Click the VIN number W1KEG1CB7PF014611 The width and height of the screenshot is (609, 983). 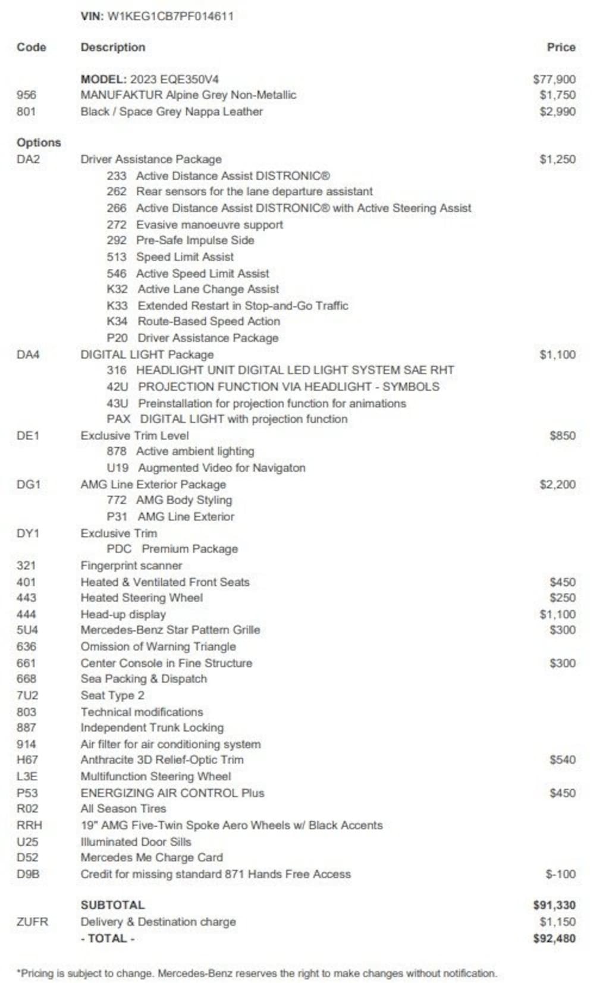(170, 17)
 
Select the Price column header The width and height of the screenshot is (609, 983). (561, 47)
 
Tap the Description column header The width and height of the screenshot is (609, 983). (113, 47)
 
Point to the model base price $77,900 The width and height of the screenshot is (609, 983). (554, 79)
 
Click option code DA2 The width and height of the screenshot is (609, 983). (28, 159)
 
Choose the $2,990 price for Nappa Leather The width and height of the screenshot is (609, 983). (557, 111)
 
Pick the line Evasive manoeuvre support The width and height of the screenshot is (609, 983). (209, 225)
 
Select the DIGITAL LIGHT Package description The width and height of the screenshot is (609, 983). (147, 354)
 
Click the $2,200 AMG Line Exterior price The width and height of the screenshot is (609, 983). (557, 484)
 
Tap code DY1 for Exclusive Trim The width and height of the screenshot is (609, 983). (28, 533)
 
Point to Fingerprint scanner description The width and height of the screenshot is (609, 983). (131, 566)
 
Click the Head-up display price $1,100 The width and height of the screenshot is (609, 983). (557, 614)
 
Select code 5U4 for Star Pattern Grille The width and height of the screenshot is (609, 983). (27, 630)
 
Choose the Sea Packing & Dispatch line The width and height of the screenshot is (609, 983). (144, 679)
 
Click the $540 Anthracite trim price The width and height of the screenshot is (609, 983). (563, 759)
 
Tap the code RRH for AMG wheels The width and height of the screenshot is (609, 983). (29, 825)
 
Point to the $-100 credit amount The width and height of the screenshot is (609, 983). (561, 874)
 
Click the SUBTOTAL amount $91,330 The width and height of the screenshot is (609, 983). (554, 905)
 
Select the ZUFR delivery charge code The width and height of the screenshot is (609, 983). (32, 922)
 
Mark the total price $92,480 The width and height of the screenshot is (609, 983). (554, 938)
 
